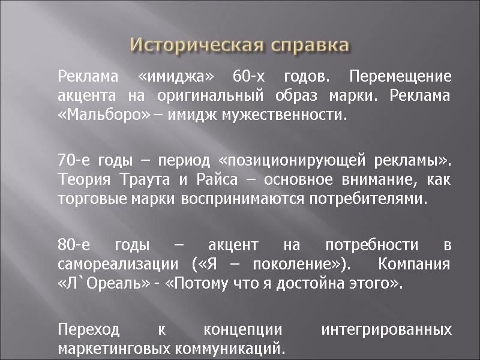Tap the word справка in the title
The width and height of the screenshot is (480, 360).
(x=310, y=45)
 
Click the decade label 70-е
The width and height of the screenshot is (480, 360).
(x=73, y=161)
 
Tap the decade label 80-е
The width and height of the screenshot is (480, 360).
(x=74, y=245)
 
